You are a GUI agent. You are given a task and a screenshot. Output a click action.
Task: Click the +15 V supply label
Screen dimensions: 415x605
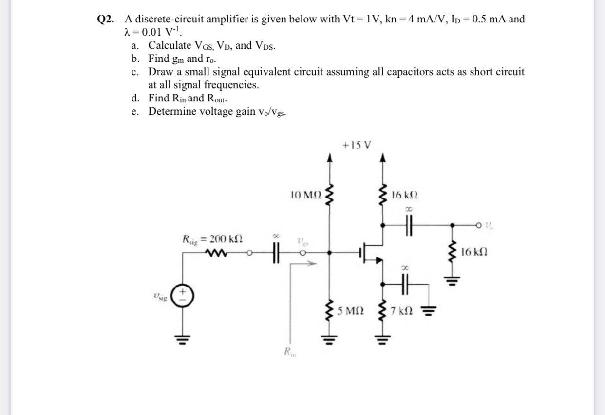[x=357, y=145]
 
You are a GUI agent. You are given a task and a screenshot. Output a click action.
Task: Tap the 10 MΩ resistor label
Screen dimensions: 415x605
[x=306, y=195]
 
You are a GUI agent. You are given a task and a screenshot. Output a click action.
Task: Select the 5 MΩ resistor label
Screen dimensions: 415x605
[x=351, y=310]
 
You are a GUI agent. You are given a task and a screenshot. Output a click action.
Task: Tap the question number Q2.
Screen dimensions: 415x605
[x=107, y=20]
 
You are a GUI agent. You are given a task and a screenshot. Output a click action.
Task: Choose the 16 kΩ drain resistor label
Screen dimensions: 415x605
[x=404, y=195]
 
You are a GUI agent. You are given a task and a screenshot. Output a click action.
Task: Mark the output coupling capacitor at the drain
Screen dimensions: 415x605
[x=409, y=226]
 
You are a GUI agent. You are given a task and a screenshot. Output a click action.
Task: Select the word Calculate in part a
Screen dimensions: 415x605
[x=170, y=46]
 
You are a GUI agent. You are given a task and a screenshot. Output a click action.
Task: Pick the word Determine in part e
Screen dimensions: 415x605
[x=173, y=111]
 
